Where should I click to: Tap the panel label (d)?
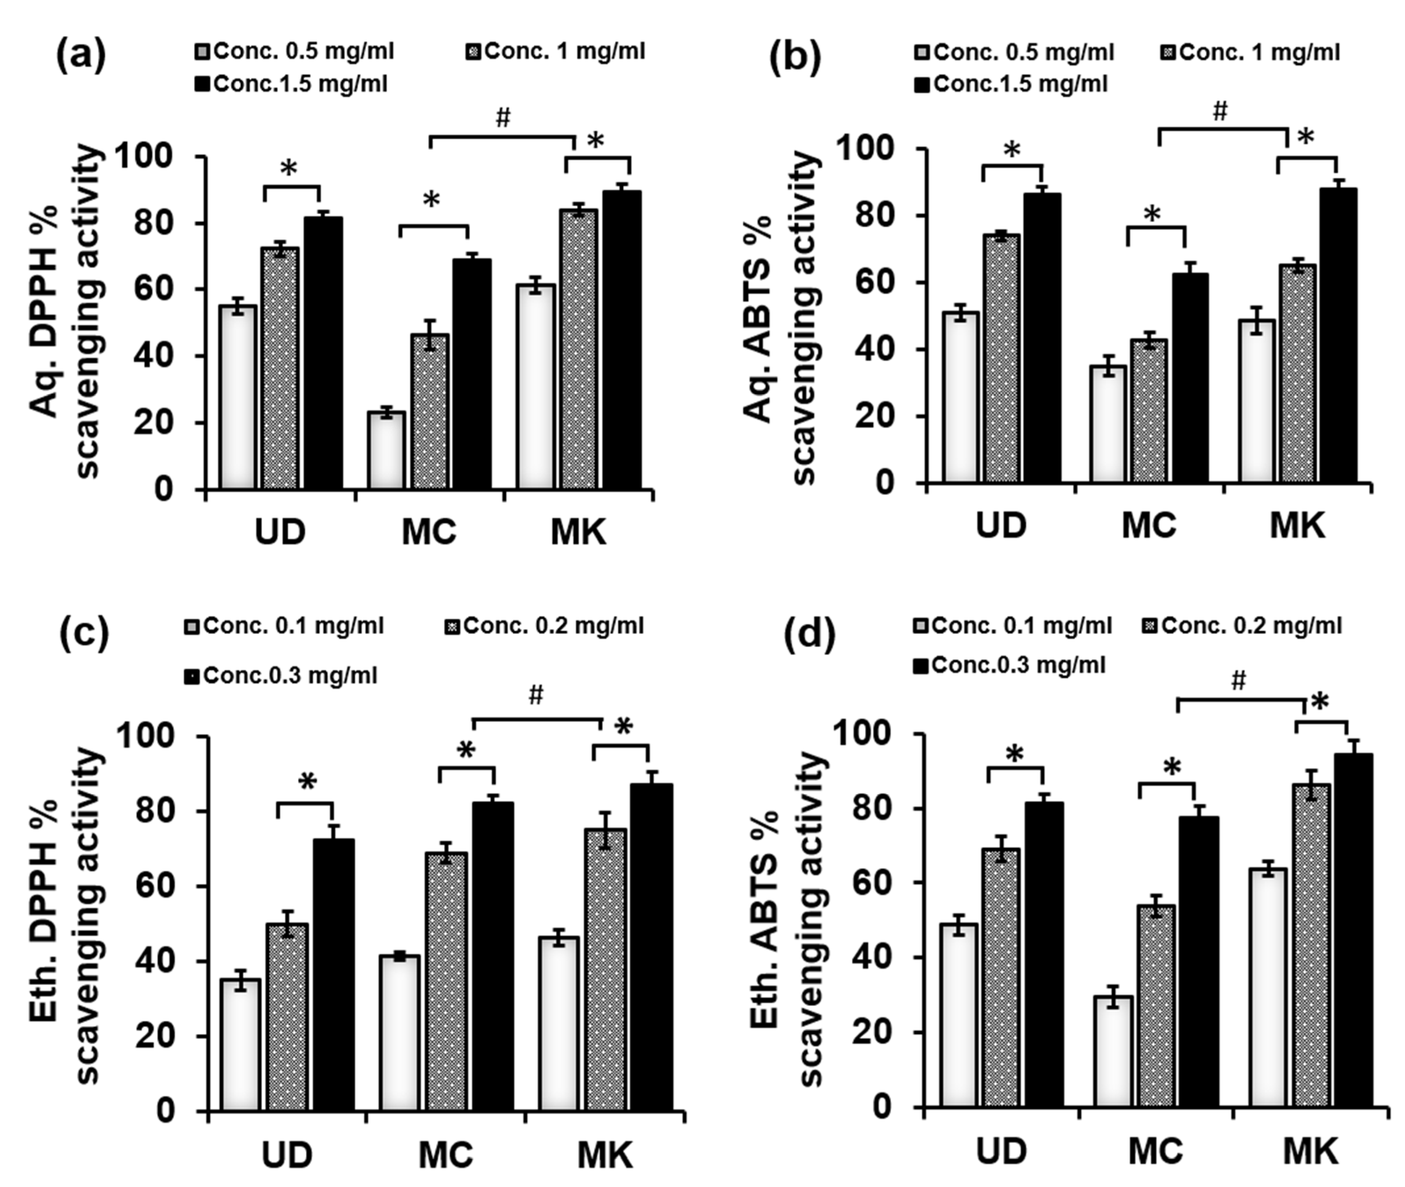pos(810,634)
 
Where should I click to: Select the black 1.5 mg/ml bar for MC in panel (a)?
pos(471,373)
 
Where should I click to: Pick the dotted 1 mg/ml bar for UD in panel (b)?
pos(1001,359)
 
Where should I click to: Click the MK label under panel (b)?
pos(1297,526)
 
